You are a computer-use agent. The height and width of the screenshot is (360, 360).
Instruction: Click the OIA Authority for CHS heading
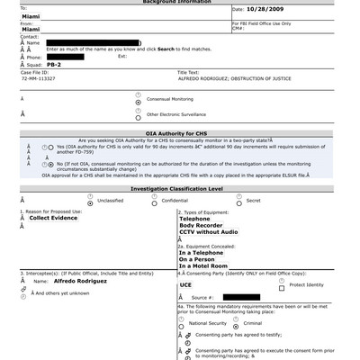pos(180,132)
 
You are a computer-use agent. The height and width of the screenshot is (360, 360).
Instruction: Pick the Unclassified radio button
pos(89,201)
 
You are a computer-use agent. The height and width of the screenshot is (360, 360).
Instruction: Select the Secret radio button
pos(238,201)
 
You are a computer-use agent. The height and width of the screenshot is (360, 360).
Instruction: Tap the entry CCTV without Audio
pos(215,233)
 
